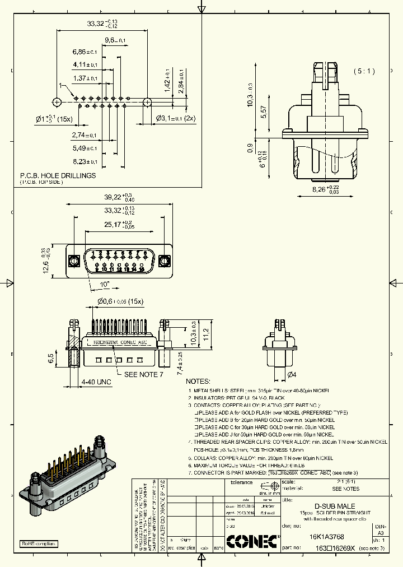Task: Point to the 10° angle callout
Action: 105,285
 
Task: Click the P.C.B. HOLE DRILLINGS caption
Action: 58,175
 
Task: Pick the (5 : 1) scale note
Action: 364,71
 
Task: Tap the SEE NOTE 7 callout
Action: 143,374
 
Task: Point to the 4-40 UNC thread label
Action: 96,382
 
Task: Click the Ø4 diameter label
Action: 291,374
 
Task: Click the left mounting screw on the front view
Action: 74,262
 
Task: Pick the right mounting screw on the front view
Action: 164,262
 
